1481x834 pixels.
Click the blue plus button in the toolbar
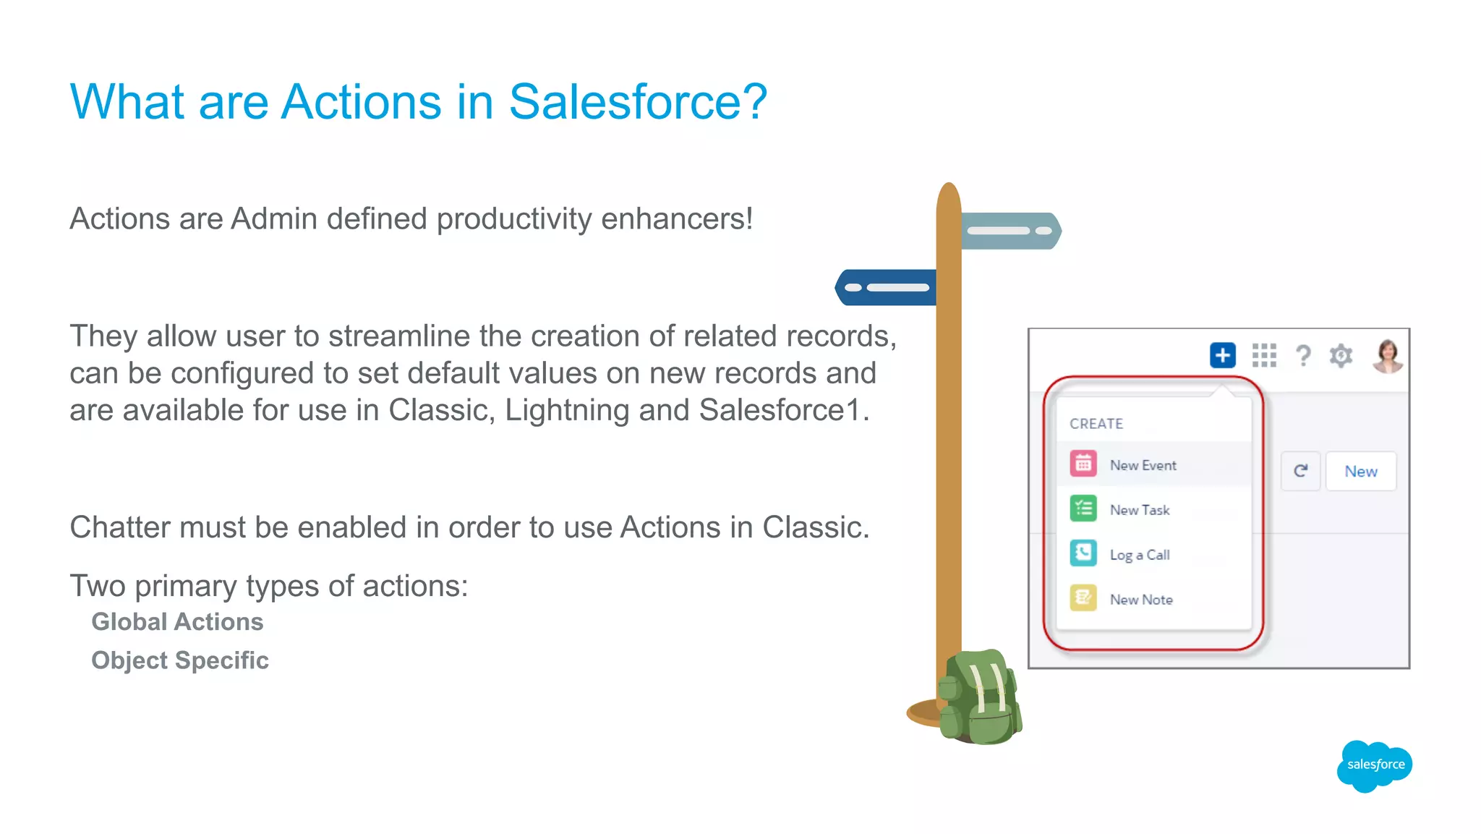(x=1222, y=355)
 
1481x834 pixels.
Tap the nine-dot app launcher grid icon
(x=1264, y=355)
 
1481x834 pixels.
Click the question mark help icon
(x=1303, y=355)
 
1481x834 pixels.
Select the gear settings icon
(x=1341, y=355)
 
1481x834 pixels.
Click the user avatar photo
(x=1387, y=355)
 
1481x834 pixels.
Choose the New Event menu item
(x=1143, y=465)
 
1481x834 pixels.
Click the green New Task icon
(x=1083, y=509)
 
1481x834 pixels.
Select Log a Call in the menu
(x=1140, y=555)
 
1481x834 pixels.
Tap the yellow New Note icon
(x=1083, y=598)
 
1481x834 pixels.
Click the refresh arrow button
(x=1300, y=471)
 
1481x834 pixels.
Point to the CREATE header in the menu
(x=1096, y=424)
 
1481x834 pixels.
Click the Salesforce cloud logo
(x=1375, y=765)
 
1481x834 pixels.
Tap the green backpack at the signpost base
(x=981, y=699)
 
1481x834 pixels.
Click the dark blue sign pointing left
(x=887, y=287)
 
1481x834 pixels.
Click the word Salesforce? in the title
(x=637, y=101)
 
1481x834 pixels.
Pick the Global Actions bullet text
(x=177, y=622)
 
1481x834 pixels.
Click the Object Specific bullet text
(x=180, y=660)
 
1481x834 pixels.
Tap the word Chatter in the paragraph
(x=119, y=527)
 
